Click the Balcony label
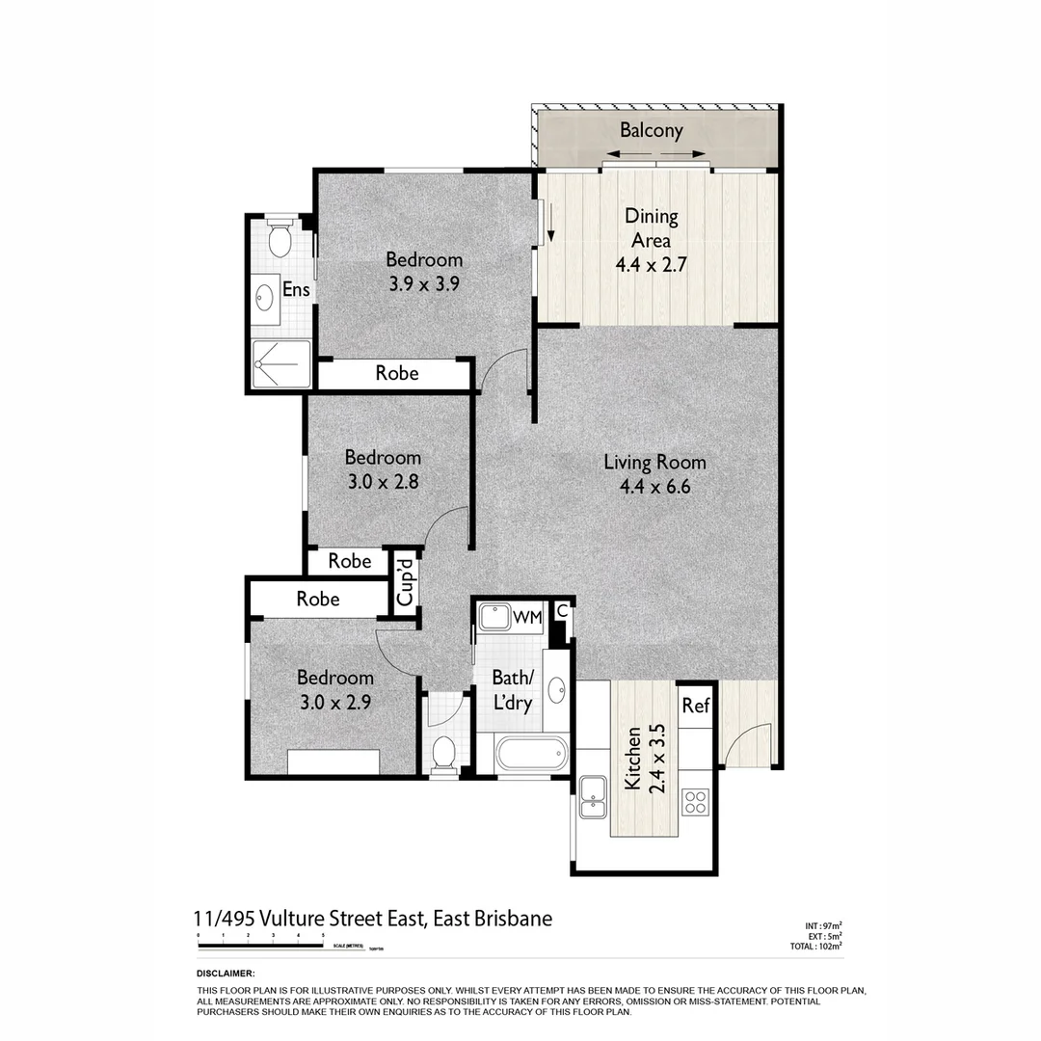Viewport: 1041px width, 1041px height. click(x=652, y=130)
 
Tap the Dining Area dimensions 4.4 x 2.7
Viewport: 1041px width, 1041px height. click(x=651, y=262)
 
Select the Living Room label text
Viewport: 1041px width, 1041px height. click(x=654, y=463)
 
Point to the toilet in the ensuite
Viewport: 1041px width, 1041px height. click(x=280, y=238)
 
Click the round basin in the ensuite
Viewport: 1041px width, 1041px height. click(x=264, y=296)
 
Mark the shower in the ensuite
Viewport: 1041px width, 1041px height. click(x=280, y=363)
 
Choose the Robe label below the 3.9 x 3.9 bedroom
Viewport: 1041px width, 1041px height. click(x=396, y=373)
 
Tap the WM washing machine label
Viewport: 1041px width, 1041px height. click(x=526, y=617)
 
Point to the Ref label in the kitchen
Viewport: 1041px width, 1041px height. click(x=695, y=707)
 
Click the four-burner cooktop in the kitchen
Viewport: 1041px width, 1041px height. click(x=695, y=800)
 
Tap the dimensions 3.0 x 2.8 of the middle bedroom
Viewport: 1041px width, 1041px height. click(x=383, y=480)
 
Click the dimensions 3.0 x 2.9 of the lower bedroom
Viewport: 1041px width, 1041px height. click(x=334, y=701)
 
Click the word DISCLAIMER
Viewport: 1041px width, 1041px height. click(x=225, y=974)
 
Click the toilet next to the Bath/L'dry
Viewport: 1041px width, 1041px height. click(x=444, y=754)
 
